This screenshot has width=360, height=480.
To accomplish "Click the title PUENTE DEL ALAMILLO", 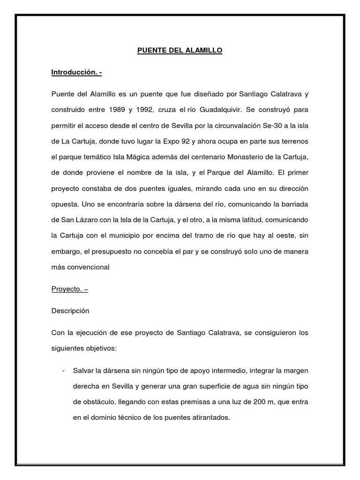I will click(180, 50).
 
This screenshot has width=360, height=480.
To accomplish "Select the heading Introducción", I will click(74, 73).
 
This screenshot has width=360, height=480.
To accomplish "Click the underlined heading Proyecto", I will click(66, 289).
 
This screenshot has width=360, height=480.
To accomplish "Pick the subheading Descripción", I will click(70, 311).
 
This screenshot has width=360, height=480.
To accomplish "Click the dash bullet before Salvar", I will click(63, 371).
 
